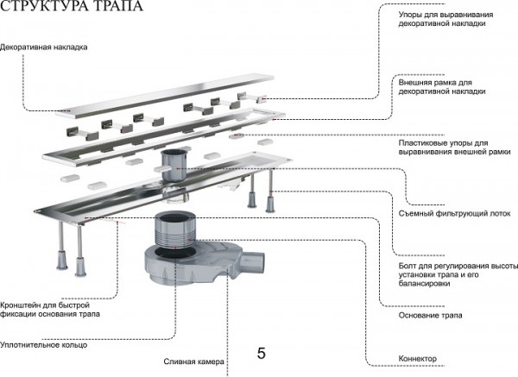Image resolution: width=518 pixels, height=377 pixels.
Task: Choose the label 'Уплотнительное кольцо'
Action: point(43,343)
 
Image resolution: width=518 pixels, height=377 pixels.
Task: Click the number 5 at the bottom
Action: point(261,353)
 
